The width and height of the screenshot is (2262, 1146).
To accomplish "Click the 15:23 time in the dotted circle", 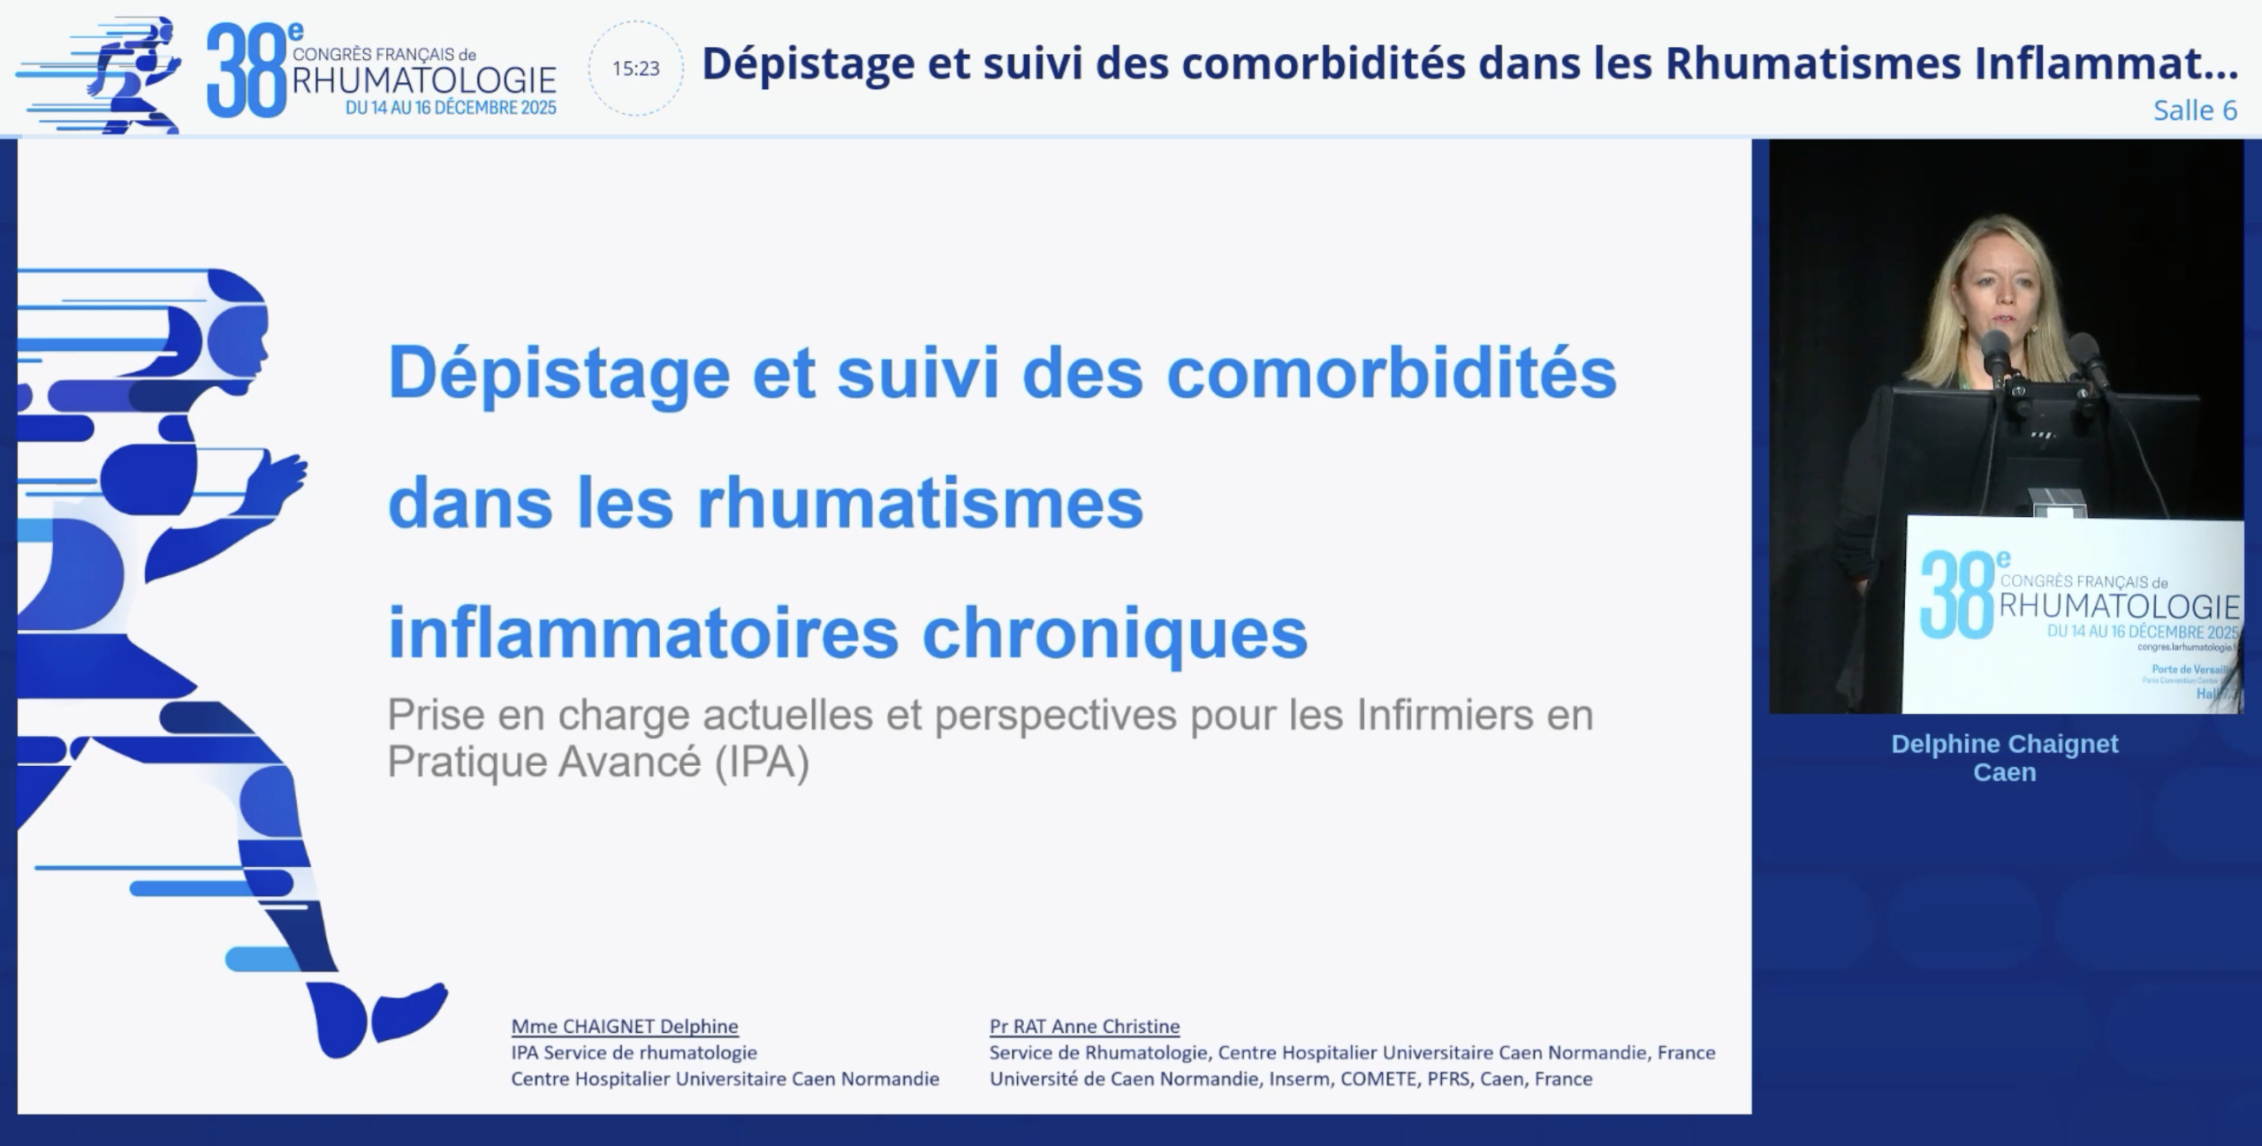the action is pos(636,69).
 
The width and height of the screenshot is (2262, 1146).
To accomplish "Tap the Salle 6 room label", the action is pos(2195,110).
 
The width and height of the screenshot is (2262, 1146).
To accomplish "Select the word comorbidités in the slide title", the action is pos(1392,373).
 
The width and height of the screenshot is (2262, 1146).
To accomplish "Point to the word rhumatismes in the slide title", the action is pos(920,503).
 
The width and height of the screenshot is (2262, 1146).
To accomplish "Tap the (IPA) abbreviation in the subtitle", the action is pos(762,762).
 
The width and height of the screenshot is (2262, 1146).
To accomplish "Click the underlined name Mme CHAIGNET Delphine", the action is pos(625,1027).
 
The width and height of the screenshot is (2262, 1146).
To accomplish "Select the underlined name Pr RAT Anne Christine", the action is pos(1084,1027).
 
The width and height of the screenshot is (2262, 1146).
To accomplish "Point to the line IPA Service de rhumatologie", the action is pos(634,1052).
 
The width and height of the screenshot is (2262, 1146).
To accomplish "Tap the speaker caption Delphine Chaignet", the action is pos(2005,744).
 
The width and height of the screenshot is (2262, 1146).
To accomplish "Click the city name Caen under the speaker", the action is pos(2005,772).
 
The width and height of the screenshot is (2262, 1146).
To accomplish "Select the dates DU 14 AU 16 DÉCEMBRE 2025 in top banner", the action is pos(451,108).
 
